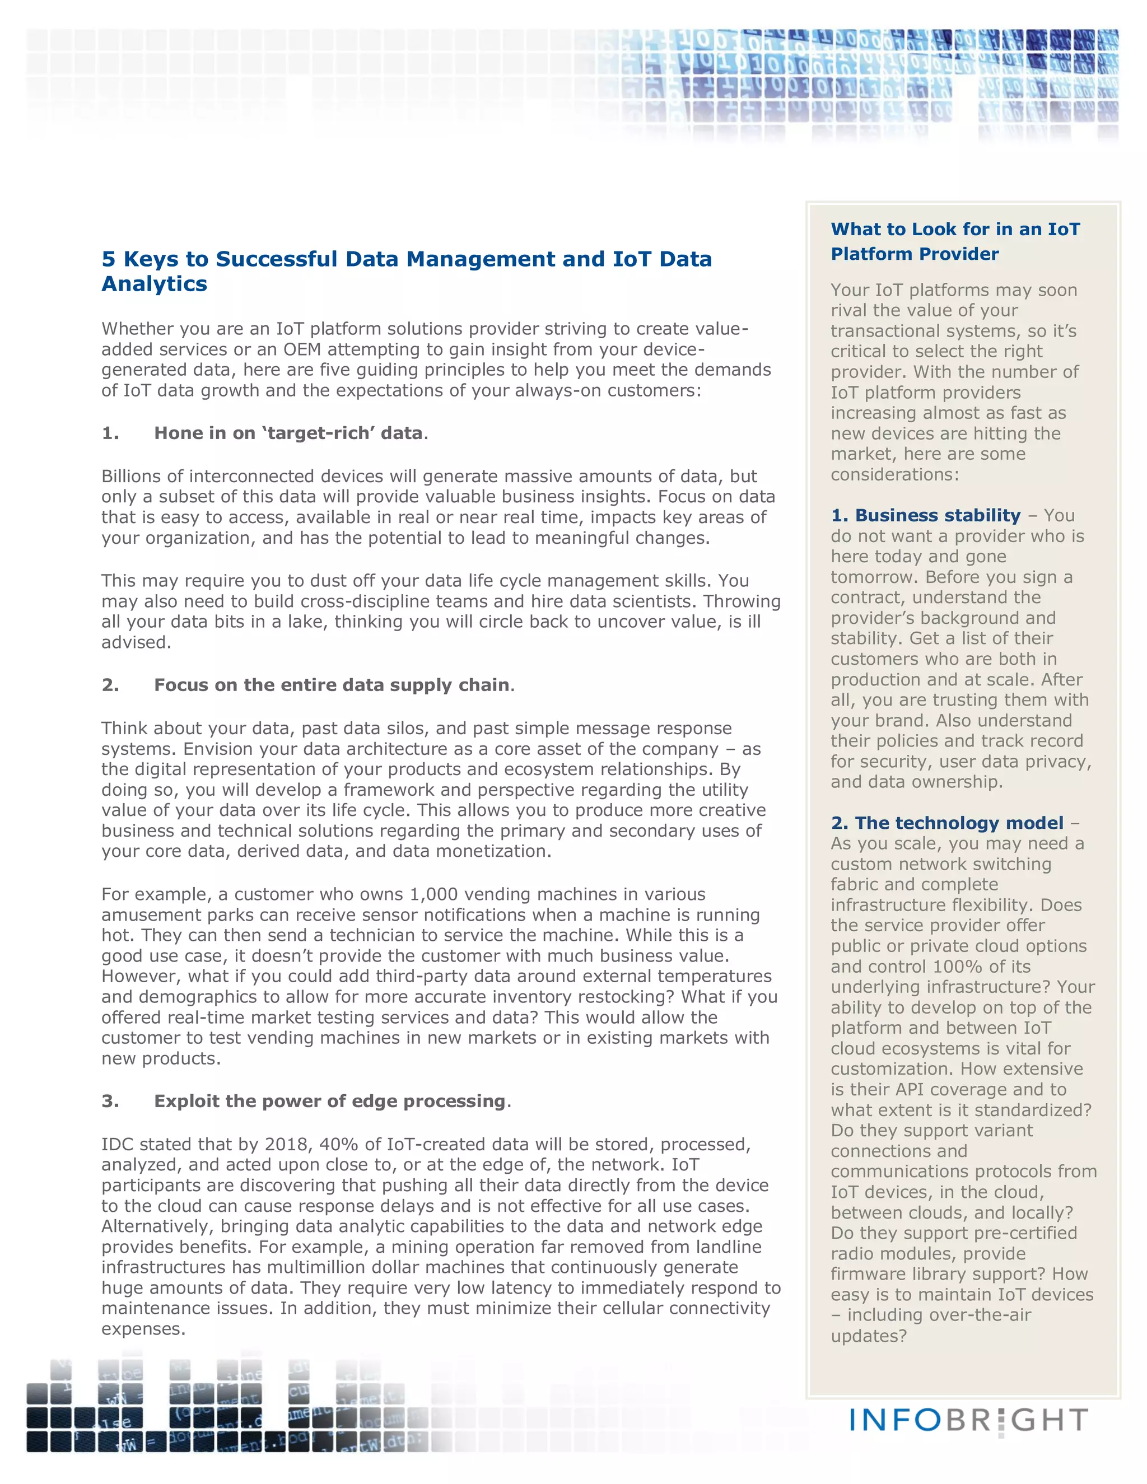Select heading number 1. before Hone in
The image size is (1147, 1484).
(110, 433)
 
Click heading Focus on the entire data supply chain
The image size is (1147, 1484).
(332, 685)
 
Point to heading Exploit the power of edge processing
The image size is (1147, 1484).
(329, 1102)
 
